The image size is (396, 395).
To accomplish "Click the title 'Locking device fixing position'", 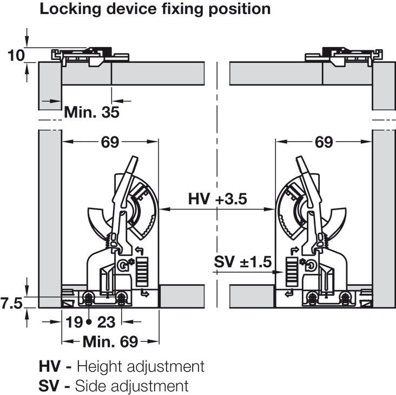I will click(155, 9).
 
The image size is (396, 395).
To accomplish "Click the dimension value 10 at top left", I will click(17, 54).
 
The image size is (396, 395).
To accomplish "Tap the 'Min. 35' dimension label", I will click(91, 112).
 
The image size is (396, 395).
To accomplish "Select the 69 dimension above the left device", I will click(110, 142).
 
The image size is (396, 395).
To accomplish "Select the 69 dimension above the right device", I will click(324, 142).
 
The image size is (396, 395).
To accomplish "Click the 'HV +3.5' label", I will click(217, 199).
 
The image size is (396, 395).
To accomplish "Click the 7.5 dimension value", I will click(11, 302).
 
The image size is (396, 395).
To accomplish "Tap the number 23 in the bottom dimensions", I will click(107, 322).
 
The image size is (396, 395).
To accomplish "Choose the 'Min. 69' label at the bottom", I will click(110, 341).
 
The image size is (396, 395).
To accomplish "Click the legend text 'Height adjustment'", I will click(141, 366).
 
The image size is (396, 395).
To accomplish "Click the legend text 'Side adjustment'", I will click(132, 386).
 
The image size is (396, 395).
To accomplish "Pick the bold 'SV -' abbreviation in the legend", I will click(55, 386).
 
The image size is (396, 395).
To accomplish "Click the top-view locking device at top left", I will click(90, 55).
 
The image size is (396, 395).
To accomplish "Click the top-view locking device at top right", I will click(344, 55).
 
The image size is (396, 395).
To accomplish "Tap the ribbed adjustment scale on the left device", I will click(141, 270).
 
